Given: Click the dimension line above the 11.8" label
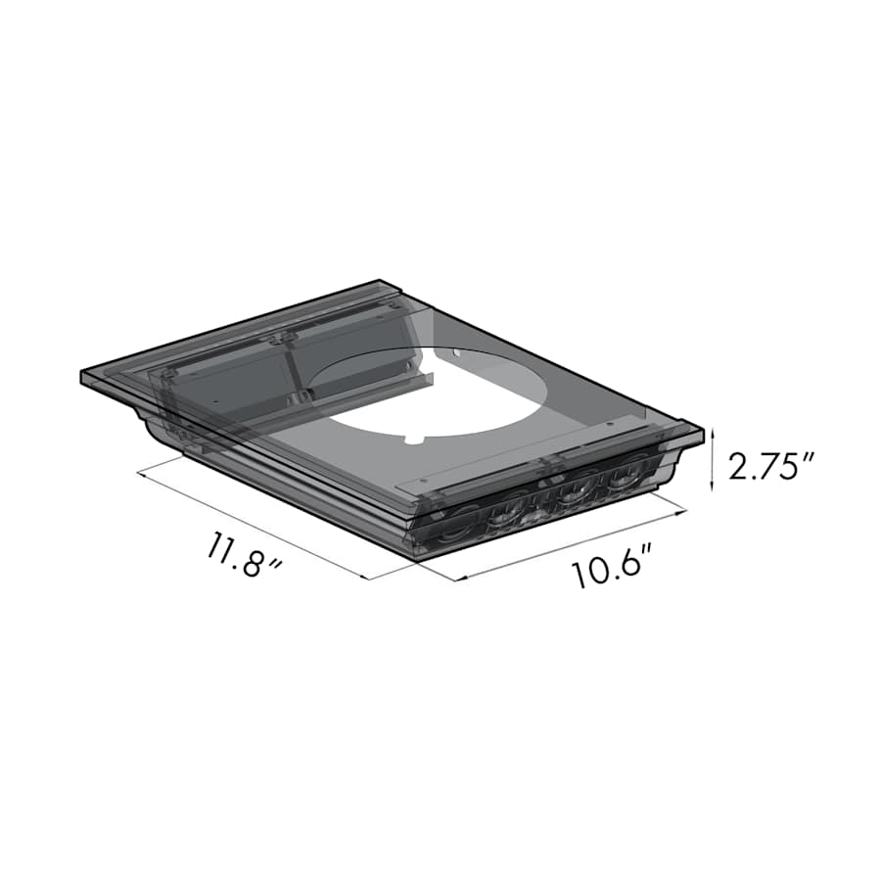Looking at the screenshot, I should pos(255,524).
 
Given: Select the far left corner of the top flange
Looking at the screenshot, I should pos(82,375).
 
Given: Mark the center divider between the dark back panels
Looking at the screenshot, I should pos(286,367).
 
